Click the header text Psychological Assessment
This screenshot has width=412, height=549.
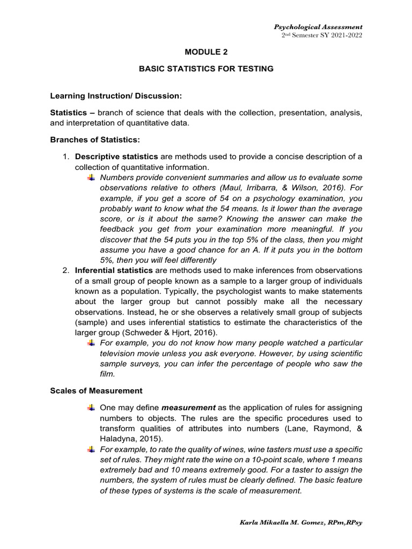pyautogui.click(x=318, y=27)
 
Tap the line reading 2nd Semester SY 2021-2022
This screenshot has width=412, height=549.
pyautogui.click(x=322, y=35)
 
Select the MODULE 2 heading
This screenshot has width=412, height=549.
pyautogui.click(x=206, y=53)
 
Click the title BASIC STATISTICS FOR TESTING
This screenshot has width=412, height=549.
pyautogui.click(x=206, y=69)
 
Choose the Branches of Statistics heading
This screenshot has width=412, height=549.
pyautogui.click(x=94, y=139)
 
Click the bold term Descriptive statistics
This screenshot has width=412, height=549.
pyautogui.click(x=116, y=157)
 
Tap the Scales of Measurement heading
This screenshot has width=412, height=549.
pyautogui.click(x=96, y=391)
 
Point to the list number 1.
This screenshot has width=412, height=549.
pyautogui.click(x=65, y=157)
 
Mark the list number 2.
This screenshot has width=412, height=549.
pyautogui.click(x=65, y=270)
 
